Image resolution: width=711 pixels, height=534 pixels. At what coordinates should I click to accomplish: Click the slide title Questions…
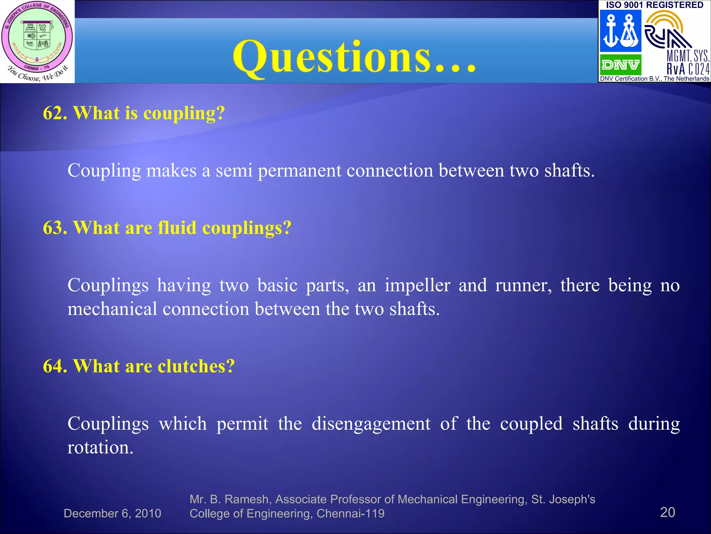click(354, 57)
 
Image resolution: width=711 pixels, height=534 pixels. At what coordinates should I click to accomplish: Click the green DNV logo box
click(620, 64)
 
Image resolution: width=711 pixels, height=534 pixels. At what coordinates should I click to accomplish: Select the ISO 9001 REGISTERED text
click(654, 5)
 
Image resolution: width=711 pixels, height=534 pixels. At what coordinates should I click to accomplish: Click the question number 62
click(55, 113)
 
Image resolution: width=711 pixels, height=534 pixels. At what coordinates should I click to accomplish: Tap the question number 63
click(55, 228)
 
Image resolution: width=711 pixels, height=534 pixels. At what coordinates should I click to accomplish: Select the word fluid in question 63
click(177, 228)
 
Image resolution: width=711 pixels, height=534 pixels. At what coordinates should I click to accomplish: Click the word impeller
click(417, 286)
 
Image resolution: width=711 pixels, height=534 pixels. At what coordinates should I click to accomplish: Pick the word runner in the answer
click(523, 286)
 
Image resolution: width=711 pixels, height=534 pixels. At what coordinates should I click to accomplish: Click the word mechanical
click(112, 309)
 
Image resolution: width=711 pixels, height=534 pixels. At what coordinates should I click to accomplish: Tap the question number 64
click(55, 366)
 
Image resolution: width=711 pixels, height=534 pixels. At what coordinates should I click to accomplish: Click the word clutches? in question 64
click(196, 366)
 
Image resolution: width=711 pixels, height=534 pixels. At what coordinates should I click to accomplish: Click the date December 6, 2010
click(112, 513)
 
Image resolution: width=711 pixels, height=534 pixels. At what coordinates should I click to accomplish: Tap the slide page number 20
click(667, 512)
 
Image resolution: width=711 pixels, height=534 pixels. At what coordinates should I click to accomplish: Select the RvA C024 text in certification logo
click(688, 69)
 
